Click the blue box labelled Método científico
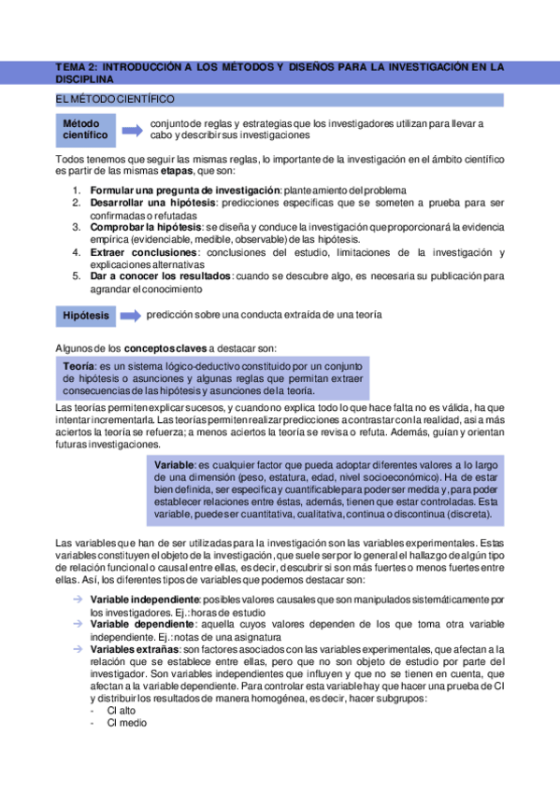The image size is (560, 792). tap(86, 130)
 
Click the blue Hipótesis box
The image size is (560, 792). tap(86, 317)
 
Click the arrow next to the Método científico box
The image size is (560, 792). tap(133, 129)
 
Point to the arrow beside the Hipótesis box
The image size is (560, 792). tap(132, 316)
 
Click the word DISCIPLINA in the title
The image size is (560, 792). tap(85, 80)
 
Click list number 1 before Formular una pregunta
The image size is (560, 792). tap(77, 190)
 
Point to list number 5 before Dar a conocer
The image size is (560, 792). tap(77, 276)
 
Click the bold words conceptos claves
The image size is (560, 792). tap(165, 347)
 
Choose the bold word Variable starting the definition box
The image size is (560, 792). tap(174, 464)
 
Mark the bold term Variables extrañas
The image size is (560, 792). tap(136, 648)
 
